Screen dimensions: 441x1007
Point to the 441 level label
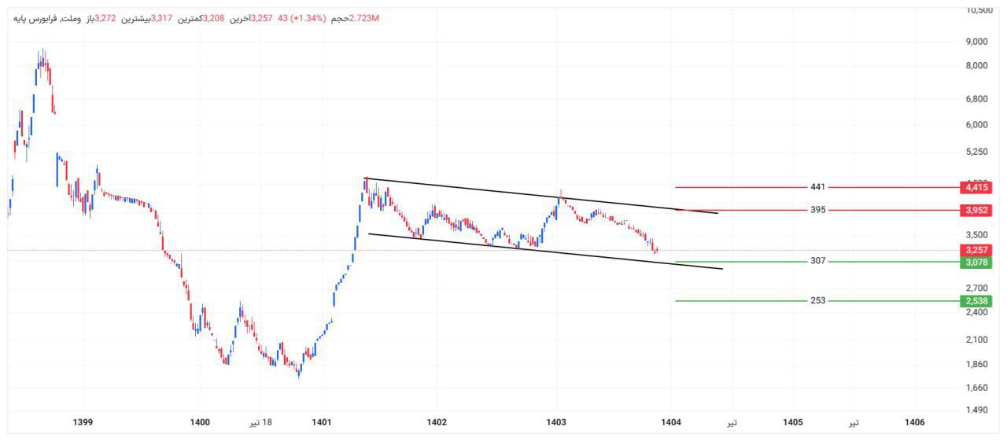[x=818, y=187]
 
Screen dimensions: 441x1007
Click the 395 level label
[x=818, y=210]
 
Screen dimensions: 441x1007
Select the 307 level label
[x=818, y=261]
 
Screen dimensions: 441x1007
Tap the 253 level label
[x=818, y=300]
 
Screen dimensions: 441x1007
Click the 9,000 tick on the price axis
[x=976, y=42]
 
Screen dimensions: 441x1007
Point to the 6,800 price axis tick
[x=976, y=99]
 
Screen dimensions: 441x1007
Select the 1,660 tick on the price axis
[x=976, y=388]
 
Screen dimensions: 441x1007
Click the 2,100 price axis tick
[x=976, y=340]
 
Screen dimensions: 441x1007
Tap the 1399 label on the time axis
[x=82, y=423]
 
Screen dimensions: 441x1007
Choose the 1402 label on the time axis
[x=437, y=423]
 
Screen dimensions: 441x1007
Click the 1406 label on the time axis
[x=914, y=423]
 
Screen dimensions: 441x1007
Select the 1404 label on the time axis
[x=671, y=423]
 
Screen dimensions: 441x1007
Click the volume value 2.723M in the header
[x=363, y=18]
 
